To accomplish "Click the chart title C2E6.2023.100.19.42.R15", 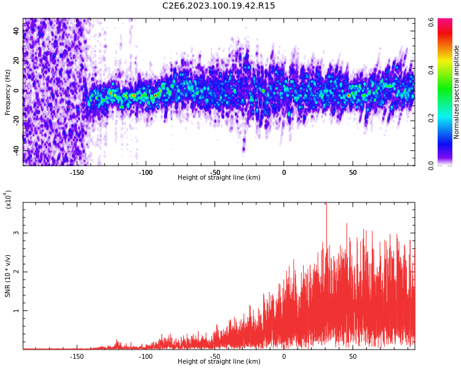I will click(219, 6).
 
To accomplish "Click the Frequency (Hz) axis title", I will click(8, 91).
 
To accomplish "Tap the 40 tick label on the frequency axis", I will click(17, 31).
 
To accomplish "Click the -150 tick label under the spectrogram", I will click(77, 172).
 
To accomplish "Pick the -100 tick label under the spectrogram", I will click(146, 172).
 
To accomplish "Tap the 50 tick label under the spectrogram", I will click(353, 172).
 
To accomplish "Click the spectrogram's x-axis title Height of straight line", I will click(219, 178).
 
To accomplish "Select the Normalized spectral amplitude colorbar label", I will click(457, 91).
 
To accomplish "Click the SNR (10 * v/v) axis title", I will click(8, 275).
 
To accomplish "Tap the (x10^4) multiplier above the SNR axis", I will click(8, 200).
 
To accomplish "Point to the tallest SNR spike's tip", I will click(326, 204).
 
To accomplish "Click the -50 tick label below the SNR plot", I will click(215, 356).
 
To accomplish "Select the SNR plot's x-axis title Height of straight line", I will click(219, 362).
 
